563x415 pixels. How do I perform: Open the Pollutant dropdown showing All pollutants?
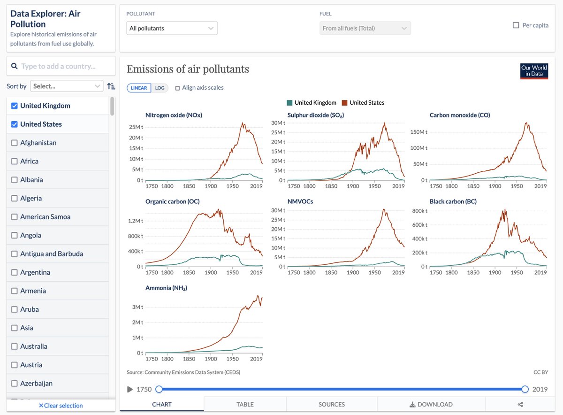tap(172, 28)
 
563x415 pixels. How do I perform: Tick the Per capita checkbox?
tap(516, 25)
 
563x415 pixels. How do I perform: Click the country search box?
tap(61, 66)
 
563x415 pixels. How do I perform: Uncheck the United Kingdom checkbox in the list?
tap(15, 106)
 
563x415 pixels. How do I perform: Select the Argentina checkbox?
tap(15, 272)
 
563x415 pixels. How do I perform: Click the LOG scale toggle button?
tap(160, 88)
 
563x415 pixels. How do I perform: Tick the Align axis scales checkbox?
tap(177, 88)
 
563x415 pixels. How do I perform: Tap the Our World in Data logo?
tap(534, 71)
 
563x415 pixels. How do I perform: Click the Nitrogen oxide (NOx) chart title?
tap(174, 115)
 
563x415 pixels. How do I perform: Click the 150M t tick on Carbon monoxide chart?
tap(419, 132)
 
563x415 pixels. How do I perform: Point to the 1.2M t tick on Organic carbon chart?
tap(136, 221)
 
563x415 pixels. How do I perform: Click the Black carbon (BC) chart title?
tap(453, 201)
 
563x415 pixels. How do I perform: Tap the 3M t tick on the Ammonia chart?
tap(137, 307)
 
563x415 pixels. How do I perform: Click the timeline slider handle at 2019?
tap(525, 389)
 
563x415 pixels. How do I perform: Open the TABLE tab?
tap(245, 404)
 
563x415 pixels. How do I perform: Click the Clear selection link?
tap(61, 406)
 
